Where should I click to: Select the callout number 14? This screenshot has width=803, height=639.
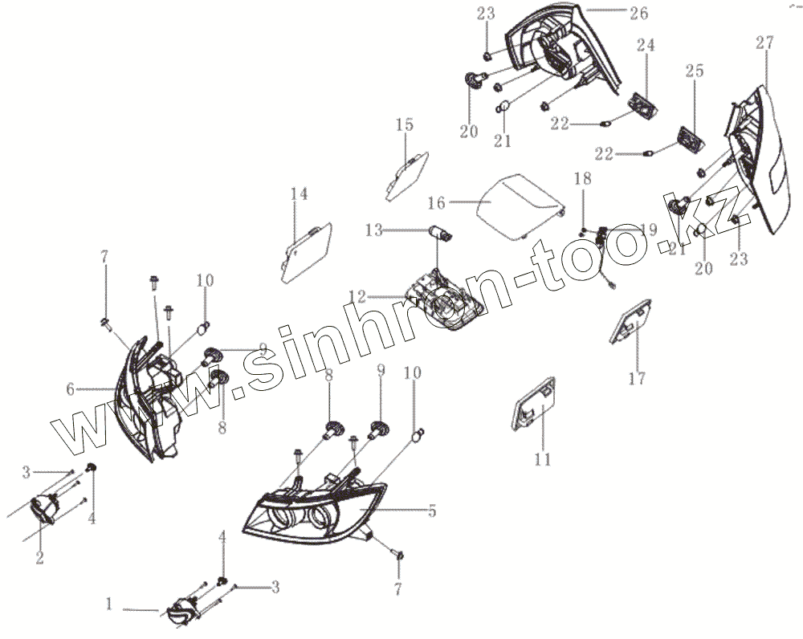(x=299, y=194)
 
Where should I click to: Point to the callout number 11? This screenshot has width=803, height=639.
(x=543, y=459)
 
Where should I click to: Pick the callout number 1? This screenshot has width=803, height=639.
(x=110, y=603)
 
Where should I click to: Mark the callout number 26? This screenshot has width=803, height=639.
(x=639, y=14)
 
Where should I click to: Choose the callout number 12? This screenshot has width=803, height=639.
(x=357, y=296)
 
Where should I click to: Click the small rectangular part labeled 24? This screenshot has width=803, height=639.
(x=641, y=104)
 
